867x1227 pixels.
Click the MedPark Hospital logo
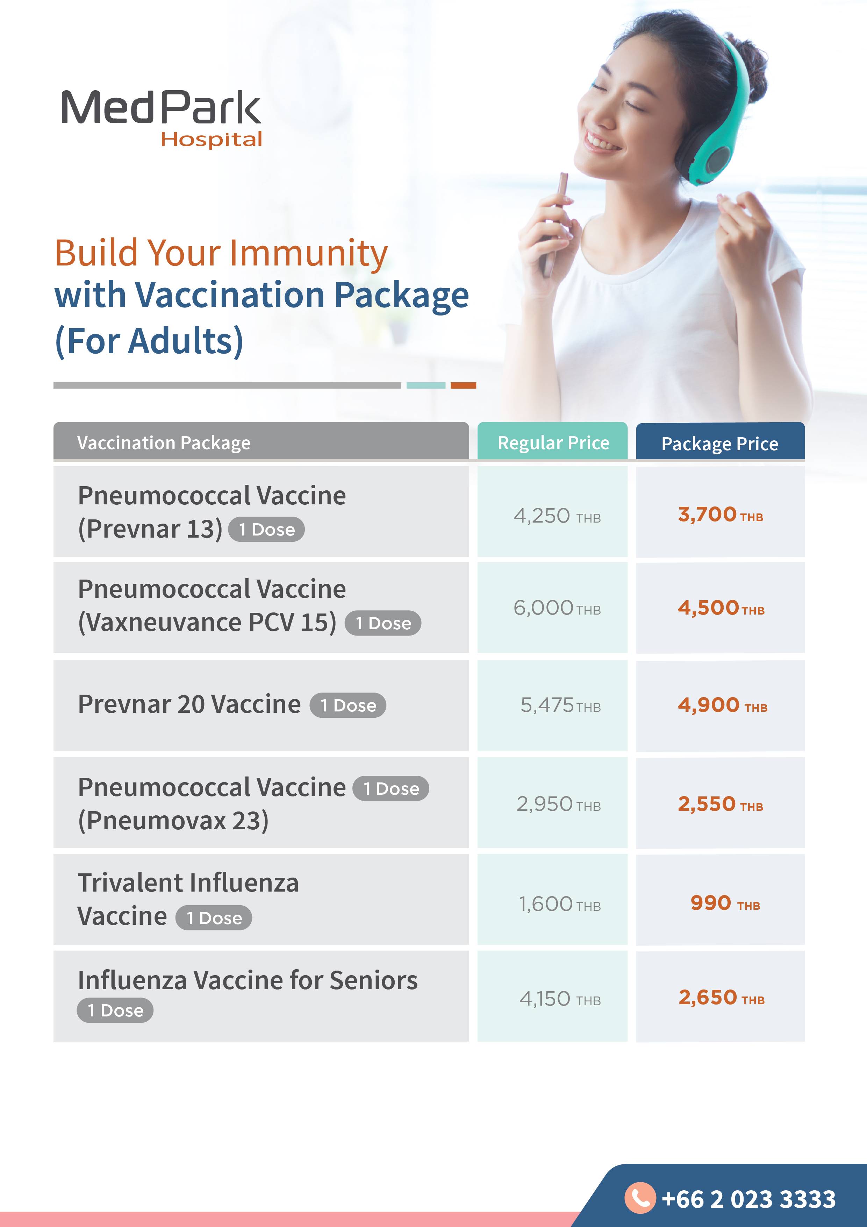coord(161,119)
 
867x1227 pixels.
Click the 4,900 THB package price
coord(723,705)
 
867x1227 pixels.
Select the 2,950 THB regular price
coord(559,804)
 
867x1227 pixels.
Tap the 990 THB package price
coord(725,903)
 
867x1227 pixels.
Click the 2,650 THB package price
coord(722,998)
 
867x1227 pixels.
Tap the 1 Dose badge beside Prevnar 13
coord(266,530)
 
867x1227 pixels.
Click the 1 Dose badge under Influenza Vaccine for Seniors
coord(115,1010)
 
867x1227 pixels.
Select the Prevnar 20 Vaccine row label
coord(189,704)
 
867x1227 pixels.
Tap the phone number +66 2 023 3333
coord(748,1199)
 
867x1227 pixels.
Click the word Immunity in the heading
coord(309,253)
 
